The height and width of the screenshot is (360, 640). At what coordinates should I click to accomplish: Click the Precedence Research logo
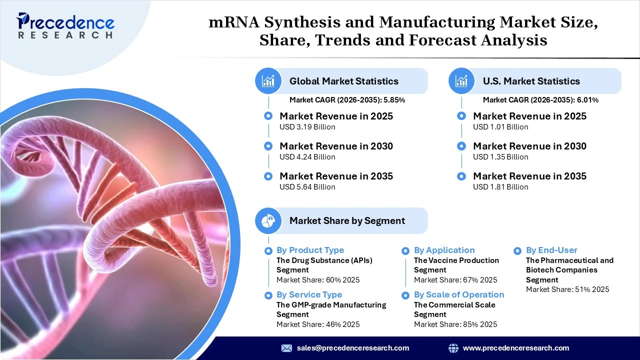coord(65,25)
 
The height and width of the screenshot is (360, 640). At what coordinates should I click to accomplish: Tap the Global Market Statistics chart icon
coord(268,81)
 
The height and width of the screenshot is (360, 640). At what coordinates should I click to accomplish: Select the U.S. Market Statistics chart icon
coord(461,81)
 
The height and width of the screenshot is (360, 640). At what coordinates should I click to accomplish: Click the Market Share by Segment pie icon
coord(268,220)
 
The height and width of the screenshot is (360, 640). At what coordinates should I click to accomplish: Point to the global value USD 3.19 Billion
coord(307,127)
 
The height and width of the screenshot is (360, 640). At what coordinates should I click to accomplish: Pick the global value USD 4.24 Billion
coord(307,157)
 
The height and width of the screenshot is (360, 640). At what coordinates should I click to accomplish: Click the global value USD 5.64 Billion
coord(307,187)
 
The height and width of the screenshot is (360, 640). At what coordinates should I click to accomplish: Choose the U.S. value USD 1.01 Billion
coord(500,127)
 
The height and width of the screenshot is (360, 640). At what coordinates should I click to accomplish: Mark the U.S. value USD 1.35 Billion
coord(500,157)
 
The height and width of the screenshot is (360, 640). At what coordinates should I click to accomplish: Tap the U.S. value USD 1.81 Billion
coord(500,187)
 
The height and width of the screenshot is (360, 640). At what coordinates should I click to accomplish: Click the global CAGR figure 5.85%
coord(394,100)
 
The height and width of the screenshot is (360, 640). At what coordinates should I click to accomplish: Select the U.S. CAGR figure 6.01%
coord(587,100)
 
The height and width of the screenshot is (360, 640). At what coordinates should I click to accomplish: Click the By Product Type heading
coord(310,250)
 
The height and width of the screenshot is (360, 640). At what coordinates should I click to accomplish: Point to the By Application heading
coord(444,250)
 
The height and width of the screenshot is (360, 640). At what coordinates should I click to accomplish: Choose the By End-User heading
coord(551,250)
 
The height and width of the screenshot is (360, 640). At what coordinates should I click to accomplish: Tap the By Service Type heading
coord(309,294)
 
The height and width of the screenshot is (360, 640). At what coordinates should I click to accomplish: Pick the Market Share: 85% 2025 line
coord(455,324)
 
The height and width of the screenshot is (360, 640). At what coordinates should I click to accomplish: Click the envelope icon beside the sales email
coord(286,348)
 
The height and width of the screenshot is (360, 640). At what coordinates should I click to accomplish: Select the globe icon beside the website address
coord(453,348)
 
